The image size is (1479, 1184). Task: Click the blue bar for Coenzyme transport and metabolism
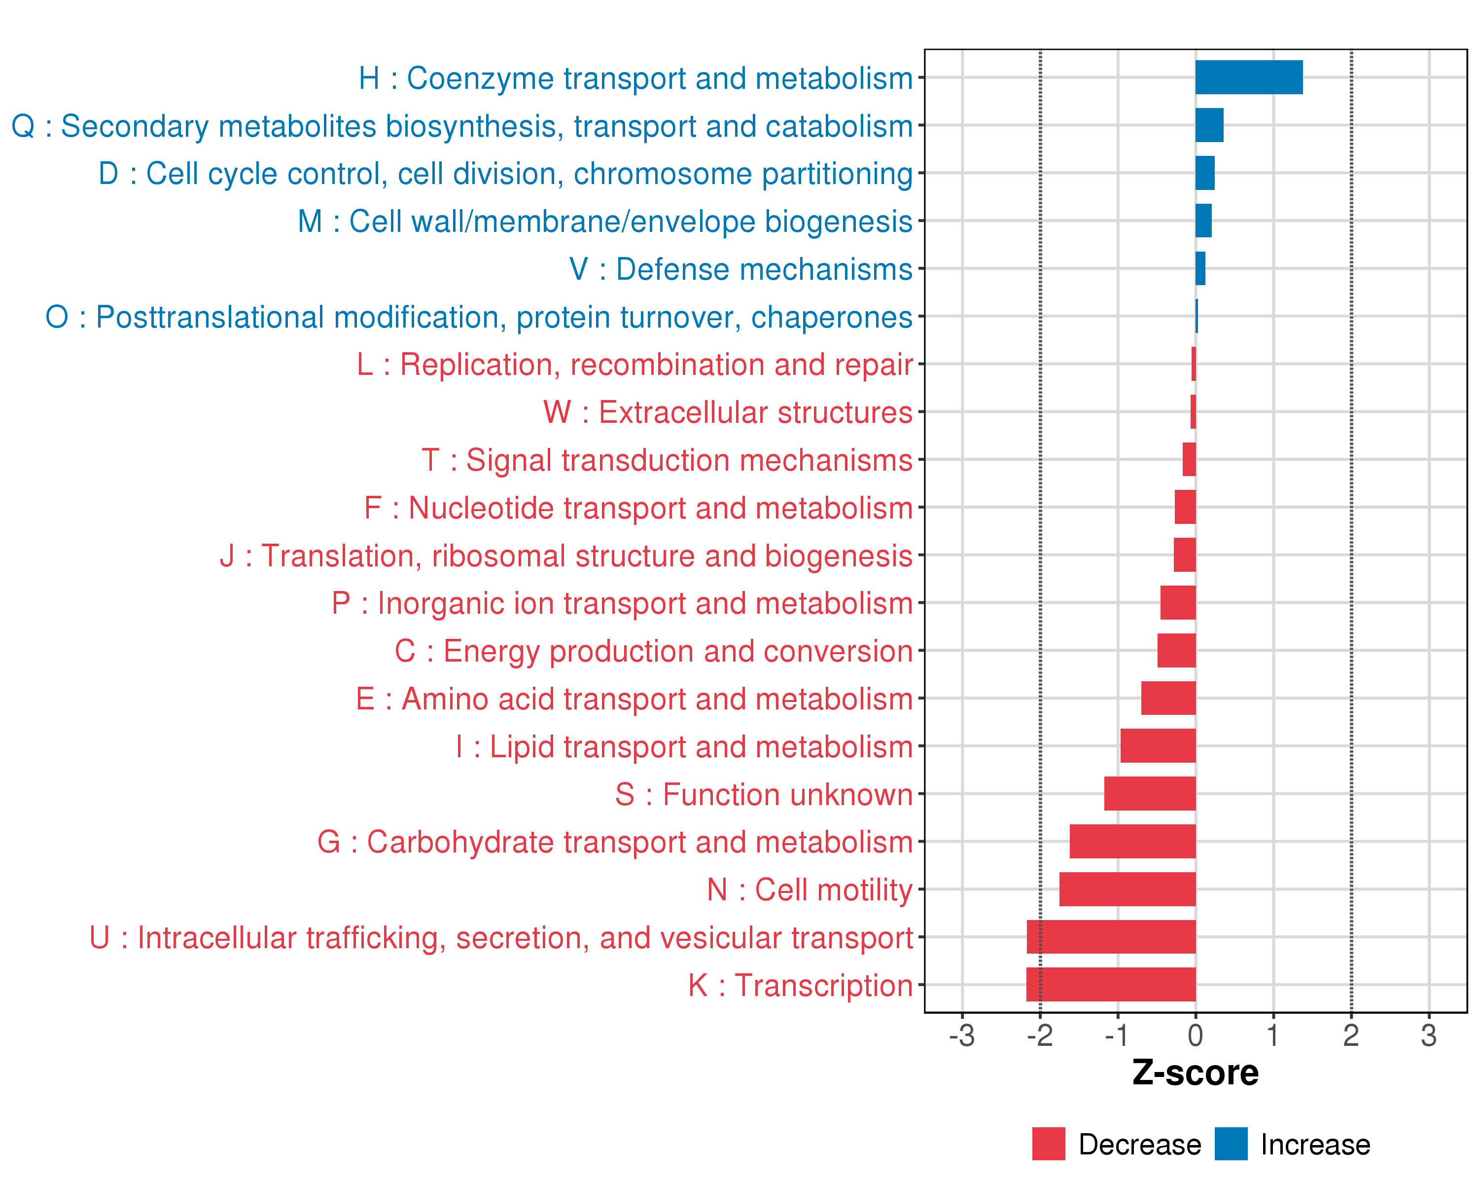(1248, 77)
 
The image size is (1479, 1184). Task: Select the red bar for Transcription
(1111, 984)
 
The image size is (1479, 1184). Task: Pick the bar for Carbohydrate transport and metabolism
(1132, 841)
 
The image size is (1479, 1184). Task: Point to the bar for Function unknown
(1150, 793)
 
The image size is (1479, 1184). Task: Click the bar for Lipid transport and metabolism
(1158, 745)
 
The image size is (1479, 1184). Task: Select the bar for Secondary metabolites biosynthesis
(1209, 125)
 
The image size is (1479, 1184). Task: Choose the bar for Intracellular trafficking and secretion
(1111, 936)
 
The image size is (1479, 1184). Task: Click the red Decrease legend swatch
(1048, 1144)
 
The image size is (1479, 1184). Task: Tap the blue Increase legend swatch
(1231, 1144)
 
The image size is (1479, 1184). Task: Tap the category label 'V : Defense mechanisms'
(741, 269)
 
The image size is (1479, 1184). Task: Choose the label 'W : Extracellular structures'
(728, 412)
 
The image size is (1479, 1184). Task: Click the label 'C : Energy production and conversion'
(653, 651)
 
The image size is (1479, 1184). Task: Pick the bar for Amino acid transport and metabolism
(1168, 698)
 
